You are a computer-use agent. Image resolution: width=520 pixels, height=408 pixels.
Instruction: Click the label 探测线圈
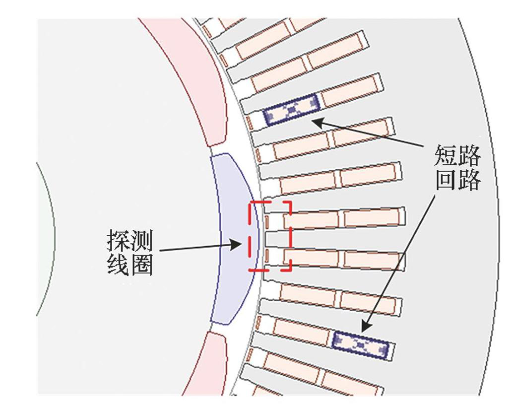point(130,254)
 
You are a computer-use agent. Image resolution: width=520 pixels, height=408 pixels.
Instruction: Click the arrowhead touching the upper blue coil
point(317,121)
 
